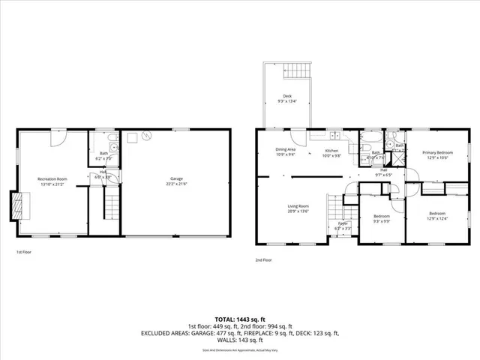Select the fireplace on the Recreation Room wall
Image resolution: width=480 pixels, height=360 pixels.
click(16, 204)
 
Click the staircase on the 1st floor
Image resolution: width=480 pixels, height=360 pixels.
click(111, 203)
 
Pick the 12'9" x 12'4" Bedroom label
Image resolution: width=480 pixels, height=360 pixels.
click(437, 215)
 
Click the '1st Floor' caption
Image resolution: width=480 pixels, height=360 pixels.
click(25, 253)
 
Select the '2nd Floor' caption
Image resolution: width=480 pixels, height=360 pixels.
click(264, 259)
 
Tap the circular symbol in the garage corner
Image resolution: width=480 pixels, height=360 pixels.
click(147, 136)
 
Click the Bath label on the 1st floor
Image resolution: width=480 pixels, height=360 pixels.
click(103, 156)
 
